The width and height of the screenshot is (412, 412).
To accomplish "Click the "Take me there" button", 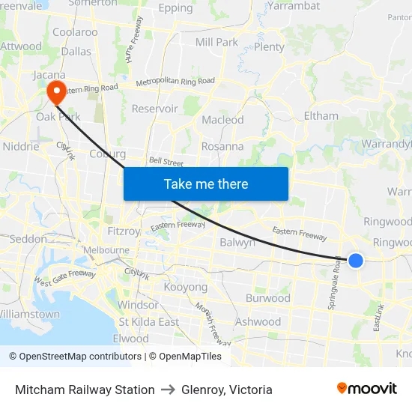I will point(206,184).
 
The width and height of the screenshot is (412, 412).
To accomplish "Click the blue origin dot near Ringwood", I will point(356,260).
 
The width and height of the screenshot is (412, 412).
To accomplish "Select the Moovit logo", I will point(367,389).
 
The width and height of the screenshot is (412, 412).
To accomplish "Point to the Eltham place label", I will point(321,116).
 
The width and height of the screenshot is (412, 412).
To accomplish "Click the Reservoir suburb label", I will point(154,109).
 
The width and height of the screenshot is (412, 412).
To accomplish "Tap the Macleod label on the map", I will point(222,120).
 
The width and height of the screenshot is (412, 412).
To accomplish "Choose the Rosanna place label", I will point(222,147).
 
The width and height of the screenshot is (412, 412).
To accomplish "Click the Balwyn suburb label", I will point(237,242).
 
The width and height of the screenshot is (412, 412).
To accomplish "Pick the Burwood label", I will point(267,298).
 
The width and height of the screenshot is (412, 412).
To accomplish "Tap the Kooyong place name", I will point(185,287).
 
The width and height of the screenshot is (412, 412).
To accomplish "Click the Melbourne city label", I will point(106,250).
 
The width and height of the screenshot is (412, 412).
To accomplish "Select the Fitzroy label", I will point(124,231).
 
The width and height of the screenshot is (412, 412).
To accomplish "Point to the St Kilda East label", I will point(148,322).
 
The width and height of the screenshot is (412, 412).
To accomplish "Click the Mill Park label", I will point(216,42).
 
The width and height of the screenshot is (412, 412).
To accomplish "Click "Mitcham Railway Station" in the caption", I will point(85,390).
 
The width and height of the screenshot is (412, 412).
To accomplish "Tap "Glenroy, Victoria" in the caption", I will point(227,390).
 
